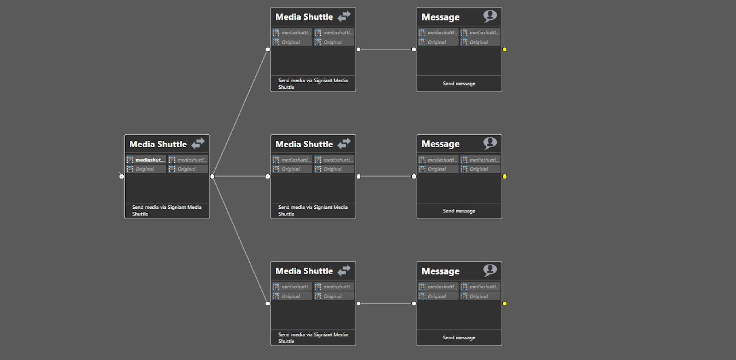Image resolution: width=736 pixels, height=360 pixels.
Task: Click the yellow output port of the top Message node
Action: pos(505,50)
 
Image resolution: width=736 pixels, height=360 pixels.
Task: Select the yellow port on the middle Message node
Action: pos(505,177)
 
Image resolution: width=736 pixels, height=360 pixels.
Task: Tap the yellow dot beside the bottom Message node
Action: pos(505,303)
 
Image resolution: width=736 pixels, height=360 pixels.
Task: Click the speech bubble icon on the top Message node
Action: pos(490,16)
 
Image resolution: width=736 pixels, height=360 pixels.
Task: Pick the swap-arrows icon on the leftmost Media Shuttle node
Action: pos(198,143)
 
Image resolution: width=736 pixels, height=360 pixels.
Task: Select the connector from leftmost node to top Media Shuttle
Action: pos(240,113)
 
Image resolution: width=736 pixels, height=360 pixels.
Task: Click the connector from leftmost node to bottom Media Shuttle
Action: pos(240,240)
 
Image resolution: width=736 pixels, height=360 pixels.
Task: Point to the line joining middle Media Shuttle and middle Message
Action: pos(386,177)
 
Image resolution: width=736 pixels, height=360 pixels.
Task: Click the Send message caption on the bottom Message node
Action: pos(459,338)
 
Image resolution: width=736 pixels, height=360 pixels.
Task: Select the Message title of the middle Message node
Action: pos(440,144)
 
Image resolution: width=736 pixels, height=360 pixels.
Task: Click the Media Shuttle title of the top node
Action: pos(304,17)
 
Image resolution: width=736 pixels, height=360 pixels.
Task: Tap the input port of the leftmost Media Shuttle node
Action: pos(121,177)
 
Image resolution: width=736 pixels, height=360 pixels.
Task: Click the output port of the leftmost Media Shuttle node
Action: pos(212,177)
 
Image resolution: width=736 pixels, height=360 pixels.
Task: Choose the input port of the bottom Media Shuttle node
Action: pos(268,303)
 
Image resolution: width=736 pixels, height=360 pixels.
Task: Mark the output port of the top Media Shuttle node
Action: pos(358,50)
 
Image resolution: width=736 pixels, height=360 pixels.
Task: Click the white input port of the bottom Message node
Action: pos(414,303)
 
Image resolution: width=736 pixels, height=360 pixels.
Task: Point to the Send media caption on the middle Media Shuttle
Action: pos(313,211)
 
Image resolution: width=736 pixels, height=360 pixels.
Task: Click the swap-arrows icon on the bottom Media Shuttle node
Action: pos(344,270)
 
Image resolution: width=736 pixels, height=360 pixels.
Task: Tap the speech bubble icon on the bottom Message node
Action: pos(490,270)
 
